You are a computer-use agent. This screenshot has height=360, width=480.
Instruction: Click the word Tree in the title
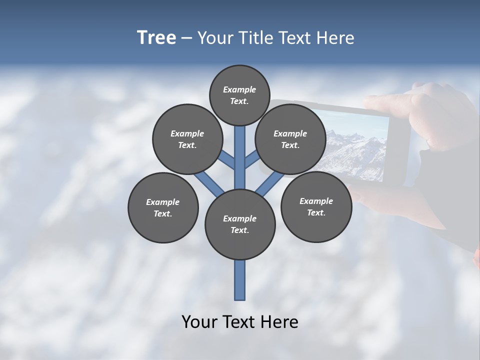(156, 38)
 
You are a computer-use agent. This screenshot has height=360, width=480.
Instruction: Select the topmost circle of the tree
(239, 95)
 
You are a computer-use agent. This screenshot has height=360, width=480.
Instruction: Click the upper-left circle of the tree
(187, 139)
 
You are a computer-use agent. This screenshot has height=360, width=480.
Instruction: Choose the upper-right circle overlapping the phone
(290, 139)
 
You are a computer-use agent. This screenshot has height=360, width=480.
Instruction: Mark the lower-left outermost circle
(163, 207)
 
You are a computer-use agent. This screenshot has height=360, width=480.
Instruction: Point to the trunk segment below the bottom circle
(240, 280)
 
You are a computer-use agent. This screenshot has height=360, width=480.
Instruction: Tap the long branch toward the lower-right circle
(268, 184)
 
